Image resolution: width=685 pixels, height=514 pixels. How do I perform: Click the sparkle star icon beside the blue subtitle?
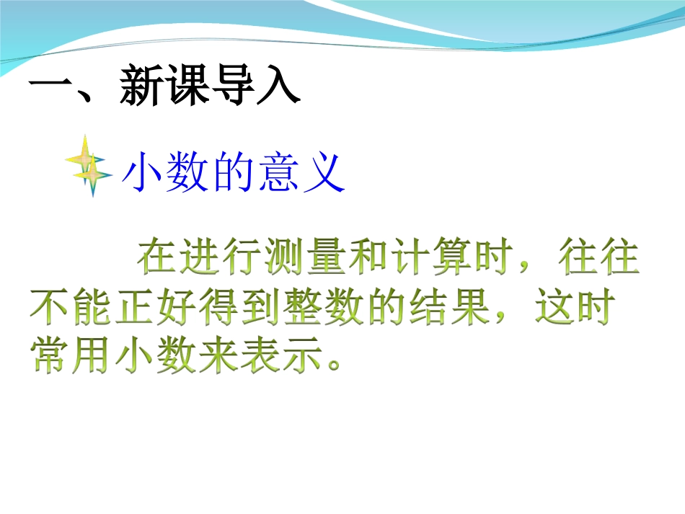[x=89, y=166]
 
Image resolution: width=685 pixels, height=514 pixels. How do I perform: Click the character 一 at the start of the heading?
[x=50, y=89]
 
